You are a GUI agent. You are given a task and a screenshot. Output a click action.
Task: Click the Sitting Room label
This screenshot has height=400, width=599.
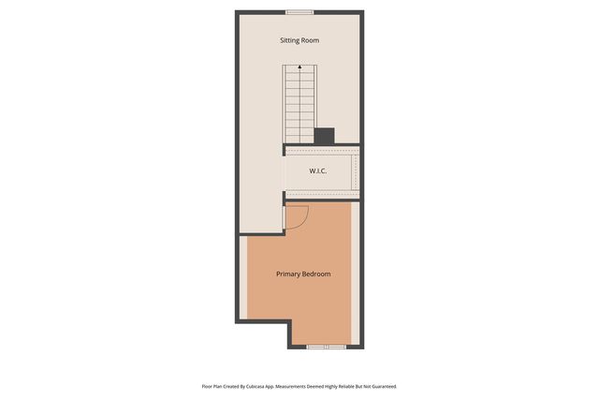click(x=299, y=41)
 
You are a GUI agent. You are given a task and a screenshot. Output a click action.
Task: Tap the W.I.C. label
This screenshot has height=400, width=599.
click(x=318, y=171)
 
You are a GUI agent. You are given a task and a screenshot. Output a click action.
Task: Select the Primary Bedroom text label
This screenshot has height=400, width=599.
click(x=303, y=274)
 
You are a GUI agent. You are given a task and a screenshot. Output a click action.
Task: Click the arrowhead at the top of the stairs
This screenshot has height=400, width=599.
click(x=299, y=67)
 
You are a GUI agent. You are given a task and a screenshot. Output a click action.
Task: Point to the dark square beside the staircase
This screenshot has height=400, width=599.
click(x=324, y=136)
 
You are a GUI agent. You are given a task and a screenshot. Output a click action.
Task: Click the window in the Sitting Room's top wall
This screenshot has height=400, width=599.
click(x=299, y=12)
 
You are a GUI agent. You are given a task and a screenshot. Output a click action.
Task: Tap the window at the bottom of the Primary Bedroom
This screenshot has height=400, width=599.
click(x=327, y=347)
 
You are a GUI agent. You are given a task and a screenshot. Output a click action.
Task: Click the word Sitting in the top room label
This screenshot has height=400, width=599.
click(x=290, y=41)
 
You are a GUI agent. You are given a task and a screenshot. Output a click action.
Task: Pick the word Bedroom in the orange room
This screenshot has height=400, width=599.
click(x=316, y=274)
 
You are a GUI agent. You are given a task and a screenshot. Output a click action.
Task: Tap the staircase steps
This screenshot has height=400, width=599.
click(x=299, y=103)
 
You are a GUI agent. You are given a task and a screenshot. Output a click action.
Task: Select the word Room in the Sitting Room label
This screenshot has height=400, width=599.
click(x=311, y=41)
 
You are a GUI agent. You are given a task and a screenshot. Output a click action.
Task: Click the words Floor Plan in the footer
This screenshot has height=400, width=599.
click(x=212, y=386)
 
